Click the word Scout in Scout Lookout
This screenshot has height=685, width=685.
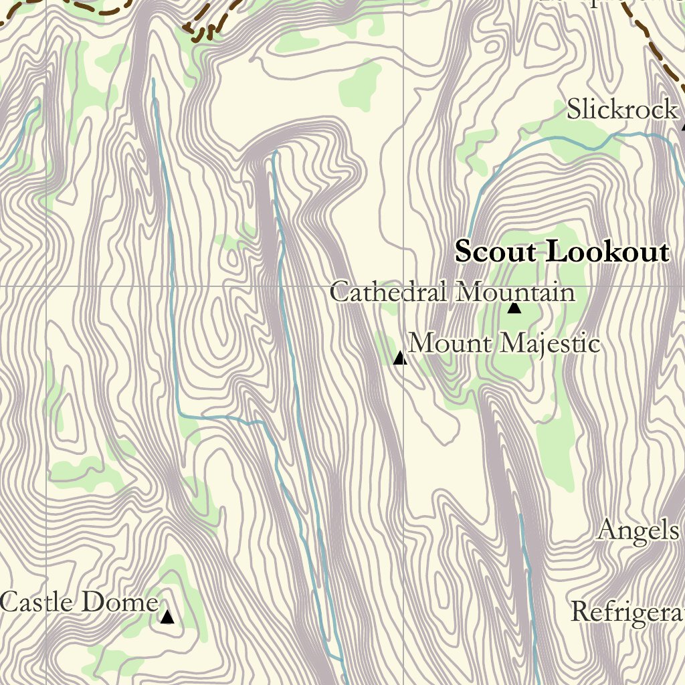[495, 252]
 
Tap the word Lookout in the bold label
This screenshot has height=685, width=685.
[607, 252]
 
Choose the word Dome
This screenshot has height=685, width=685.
[120, 602]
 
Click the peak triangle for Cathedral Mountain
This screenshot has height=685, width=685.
[514, 308]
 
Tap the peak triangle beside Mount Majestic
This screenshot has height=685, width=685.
[399, 359]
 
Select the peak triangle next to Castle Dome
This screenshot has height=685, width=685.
[167, 616]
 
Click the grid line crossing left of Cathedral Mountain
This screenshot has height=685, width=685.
[403, 286]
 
